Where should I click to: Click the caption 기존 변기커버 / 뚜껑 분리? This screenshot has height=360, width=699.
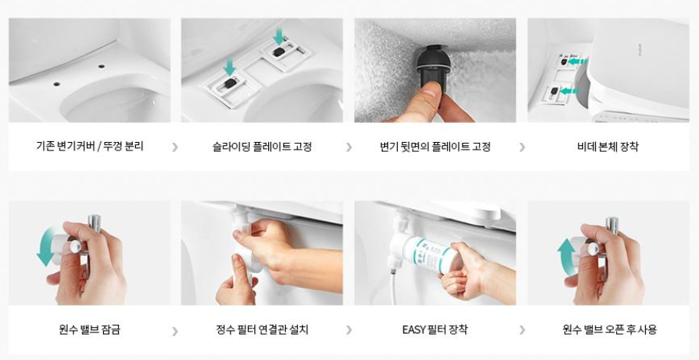click(x=90, y=146)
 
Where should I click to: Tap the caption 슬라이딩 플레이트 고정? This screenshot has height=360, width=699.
click(x=262, y=147)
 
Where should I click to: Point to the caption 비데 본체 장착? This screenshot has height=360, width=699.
click(x=608, y=147)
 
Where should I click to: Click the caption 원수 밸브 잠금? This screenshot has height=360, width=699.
click(x=89, y=330)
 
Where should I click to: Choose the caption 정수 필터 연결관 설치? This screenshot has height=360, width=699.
click(x=262, y=330)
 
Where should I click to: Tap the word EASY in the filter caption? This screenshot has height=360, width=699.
click(x=414, y=330)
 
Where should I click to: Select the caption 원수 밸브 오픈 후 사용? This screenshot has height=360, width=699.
click(x=609, y=330)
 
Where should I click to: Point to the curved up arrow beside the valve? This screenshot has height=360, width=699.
click(x=565, y=257)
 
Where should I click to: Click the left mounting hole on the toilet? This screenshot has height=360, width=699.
click(x=57, y=84)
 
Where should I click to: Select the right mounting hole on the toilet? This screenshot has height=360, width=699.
click(x=101, y=66)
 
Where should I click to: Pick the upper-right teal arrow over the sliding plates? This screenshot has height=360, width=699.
click(x=280, y=36)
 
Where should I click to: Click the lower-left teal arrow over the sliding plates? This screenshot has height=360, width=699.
click(x=230, y=68)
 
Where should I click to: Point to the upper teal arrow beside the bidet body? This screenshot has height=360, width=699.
click(x=579, y=61)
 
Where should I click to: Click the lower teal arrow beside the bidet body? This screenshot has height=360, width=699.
click(x=569, y=91)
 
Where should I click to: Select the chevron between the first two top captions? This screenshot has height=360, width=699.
click(x=175, y=147)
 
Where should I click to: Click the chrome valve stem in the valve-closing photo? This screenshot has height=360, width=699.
click(x=94, y=223)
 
